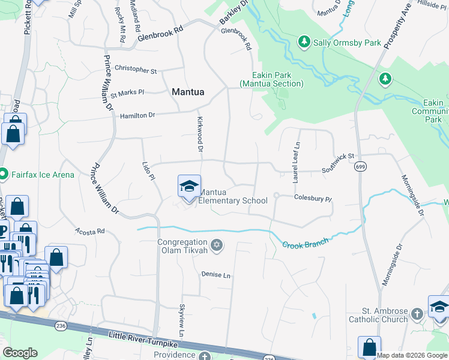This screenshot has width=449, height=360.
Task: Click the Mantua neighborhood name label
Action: (188, 92)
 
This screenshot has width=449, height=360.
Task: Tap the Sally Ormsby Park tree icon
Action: (304, 42)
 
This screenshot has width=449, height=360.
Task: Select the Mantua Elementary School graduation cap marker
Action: (188, 187)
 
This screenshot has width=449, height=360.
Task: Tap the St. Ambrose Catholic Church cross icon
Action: (417, 314)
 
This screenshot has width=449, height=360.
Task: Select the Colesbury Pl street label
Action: (313, 197)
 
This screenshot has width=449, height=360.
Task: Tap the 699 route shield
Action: (360, 166)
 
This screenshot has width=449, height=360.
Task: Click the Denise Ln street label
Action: (216, 275)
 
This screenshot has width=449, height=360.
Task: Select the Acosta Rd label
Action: (90, 230)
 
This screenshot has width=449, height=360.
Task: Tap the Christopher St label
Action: (136, 69)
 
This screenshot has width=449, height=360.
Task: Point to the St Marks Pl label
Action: (127, 93)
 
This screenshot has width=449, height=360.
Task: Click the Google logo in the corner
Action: (20, 353)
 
